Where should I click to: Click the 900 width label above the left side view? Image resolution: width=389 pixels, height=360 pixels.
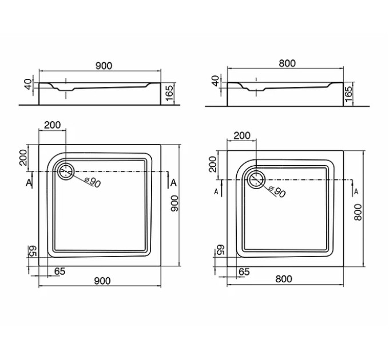click(104, 66)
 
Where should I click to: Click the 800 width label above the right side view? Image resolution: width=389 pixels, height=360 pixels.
click(287, 63)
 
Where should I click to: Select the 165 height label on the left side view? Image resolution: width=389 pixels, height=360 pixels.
click(170, 93)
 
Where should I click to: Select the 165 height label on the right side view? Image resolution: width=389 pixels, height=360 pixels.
click(348, 94)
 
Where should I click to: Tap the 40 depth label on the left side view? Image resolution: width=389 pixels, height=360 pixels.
click(29, 84)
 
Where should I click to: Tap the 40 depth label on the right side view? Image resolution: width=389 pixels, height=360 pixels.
click(216, 81)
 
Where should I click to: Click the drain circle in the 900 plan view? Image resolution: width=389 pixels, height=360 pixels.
click(66, 171)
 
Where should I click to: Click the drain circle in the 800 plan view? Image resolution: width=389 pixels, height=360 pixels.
click(256, 179)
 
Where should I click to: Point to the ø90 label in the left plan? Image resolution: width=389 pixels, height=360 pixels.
click(92, 182)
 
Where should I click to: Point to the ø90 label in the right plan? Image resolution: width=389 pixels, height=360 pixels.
click(277, 191)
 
